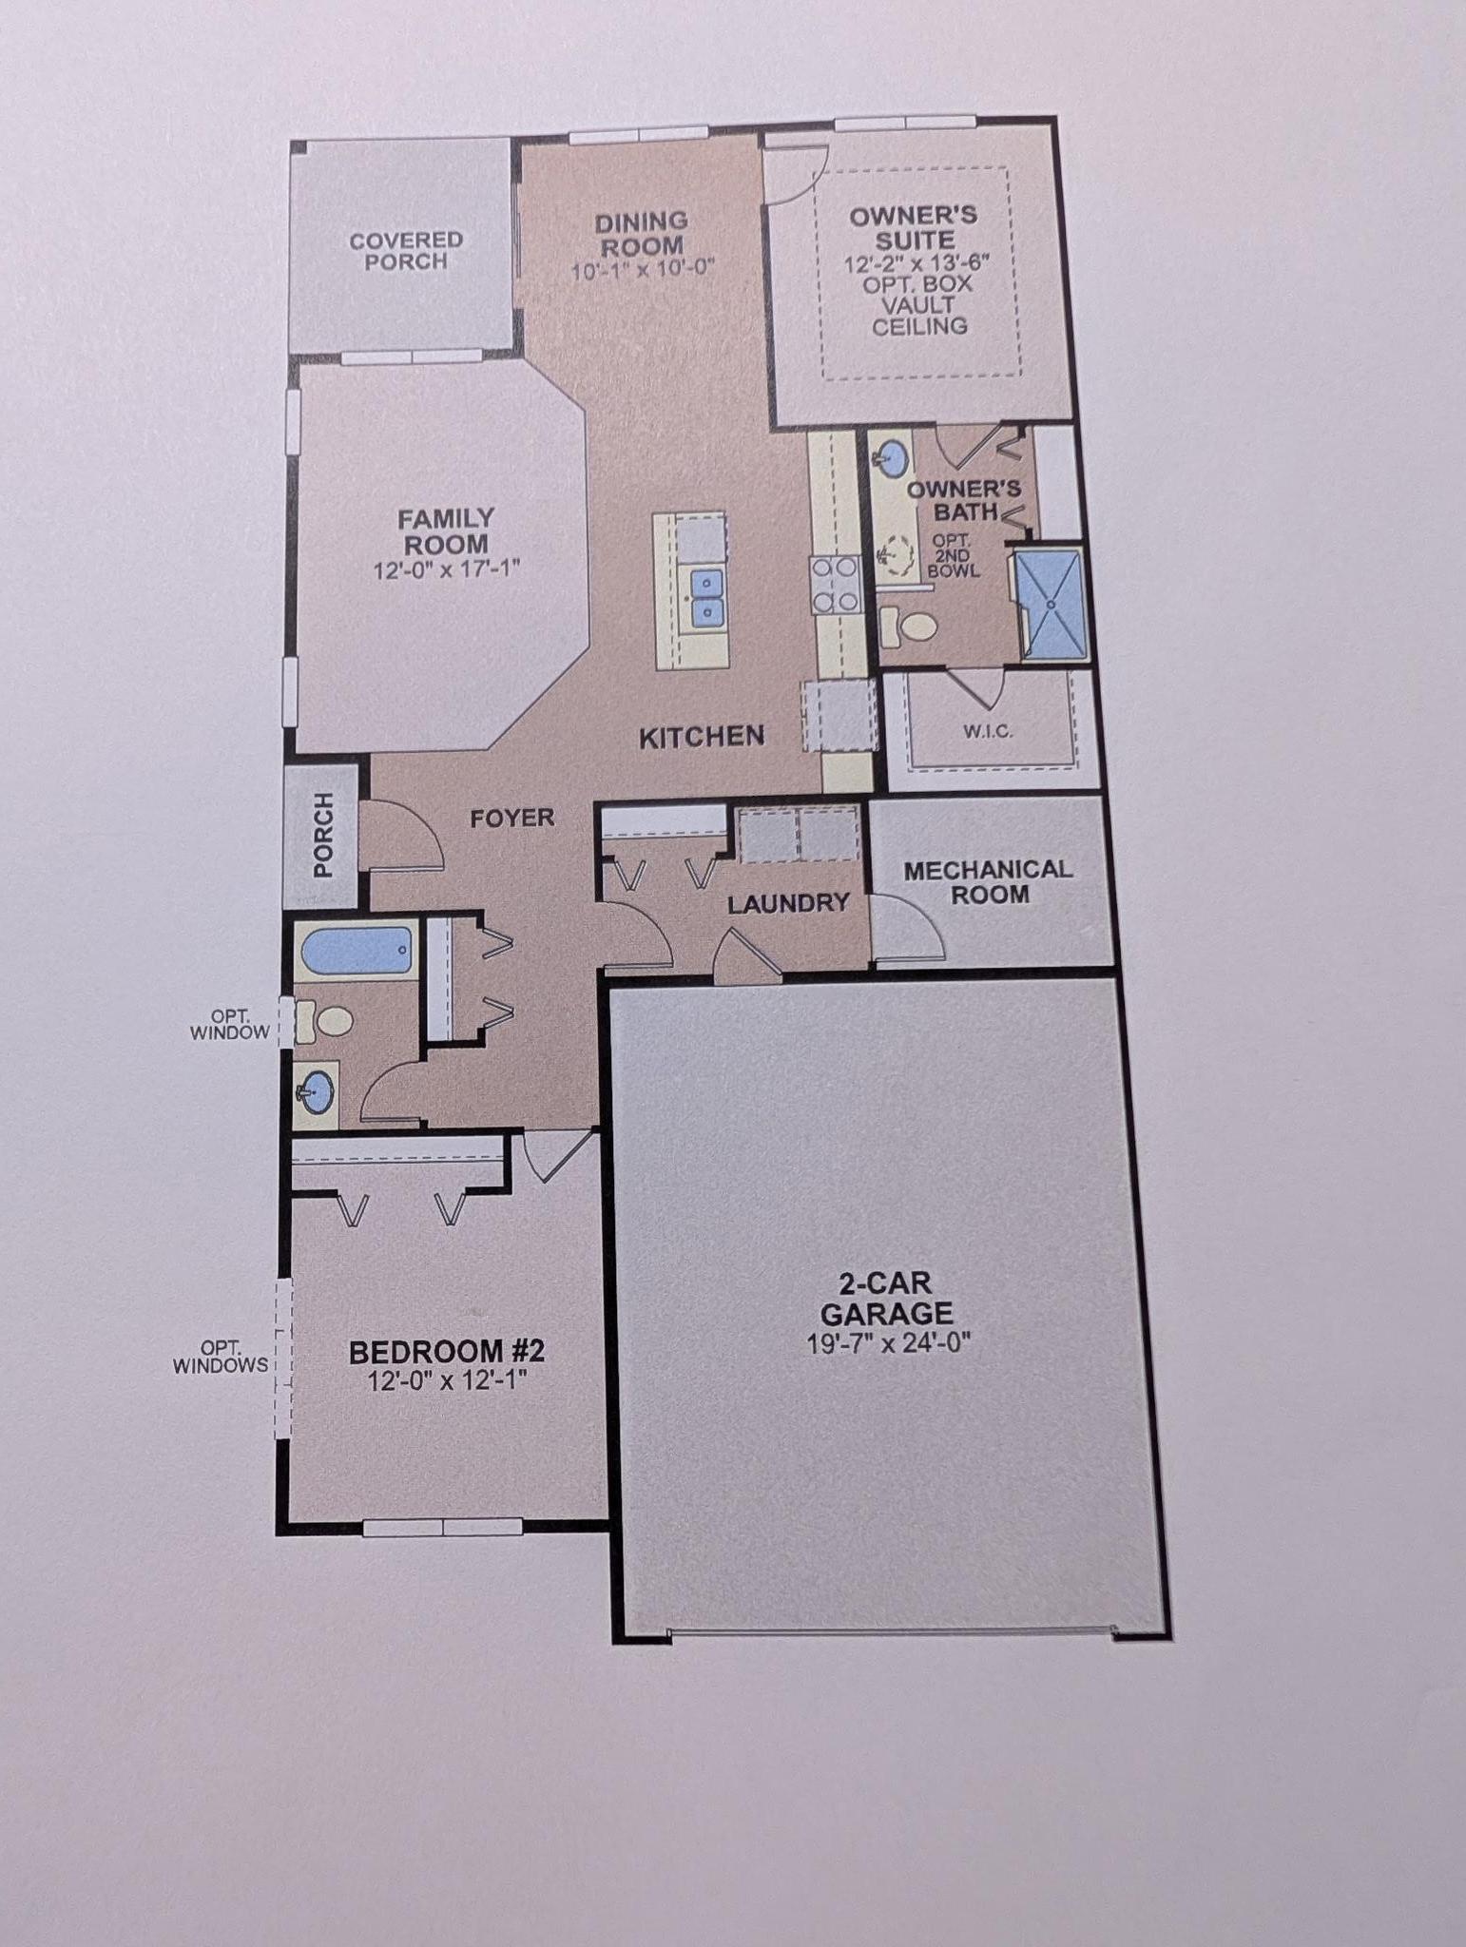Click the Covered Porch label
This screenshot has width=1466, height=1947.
click(x=406, y=251)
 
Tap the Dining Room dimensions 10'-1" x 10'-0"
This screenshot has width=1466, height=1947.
click(x=643, y=269)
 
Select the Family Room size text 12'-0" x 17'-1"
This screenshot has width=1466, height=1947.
click(x=447, y=570)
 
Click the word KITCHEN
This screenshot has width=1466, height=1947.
click(x=702, y=737)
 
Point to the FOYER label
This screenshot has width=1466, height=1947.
click(x=512, y=818)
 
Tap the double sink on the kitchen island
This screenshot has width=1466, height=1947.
click(x=705, y=597)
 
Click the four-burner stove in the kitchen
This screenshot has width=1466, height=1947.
click(x=834, y=584)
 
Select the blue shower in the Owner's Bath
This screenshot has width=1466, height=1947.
click(x=1050, y=605)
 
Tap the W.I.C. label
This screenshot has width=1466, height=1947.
click(x=989, y=731)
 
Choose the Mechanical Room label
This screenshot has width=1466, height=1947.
click(x=988, y=881)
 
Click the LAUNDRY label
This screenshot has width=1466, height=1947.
click(x=788, y=903)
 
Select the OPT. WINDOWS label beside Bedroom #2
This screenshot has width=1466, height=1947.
click(x=221, y=1357)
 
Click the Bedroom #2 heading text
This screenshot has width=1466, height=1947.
click(x=447, y=1351)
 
